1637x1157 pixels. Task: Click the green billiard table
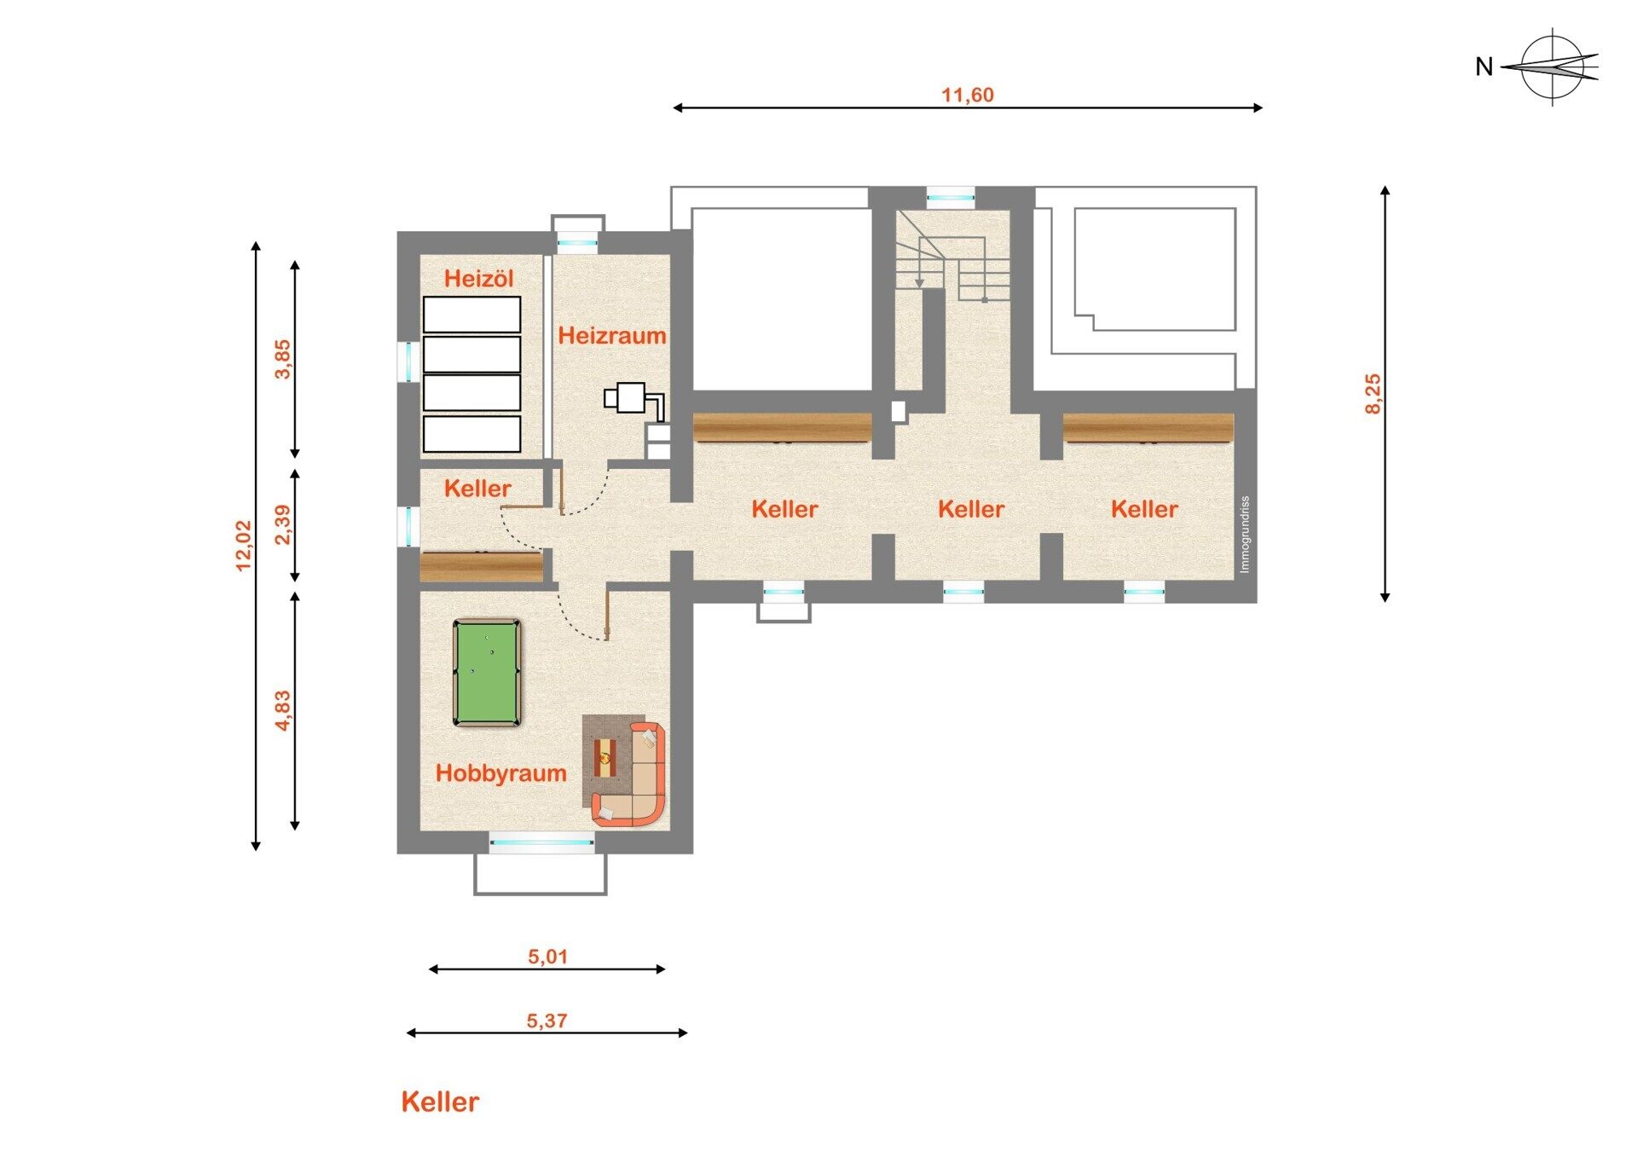point(486,673)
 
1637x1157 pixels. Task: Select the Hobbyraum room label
point(500,773)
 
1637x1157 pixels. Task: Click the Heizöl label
point(478,278)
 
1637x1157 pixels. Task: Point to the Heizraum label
point(611,335)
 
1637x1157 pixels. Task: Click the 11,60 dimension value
point(967,95)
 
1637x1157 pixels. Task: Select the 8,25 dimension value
point(1373,394)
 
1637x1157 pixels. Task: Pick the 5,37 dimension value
point(547,1021)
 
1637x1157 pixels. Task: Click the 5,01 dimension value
point(547,957)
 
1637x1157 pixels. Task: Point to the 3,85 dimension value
point(282,359)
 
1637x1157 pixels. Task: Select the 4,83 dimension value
point(282,710)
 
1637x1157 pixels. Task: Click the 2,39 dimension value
point(282,524)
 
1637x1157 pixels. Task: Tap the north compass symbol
point(1550,67)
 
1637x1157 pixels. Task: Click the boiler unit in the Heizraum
point(631,398)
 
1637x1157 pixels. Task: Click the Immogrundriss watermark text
point(1245,535)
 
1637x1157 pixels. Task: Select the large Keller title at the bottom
point(440,1102)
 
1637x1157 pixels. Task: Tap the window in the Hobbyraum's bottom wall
point(541,842)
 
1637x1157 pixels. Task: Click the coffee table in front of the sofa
point(605,757)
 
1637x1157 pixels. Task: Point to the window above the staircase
point(951,197)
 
